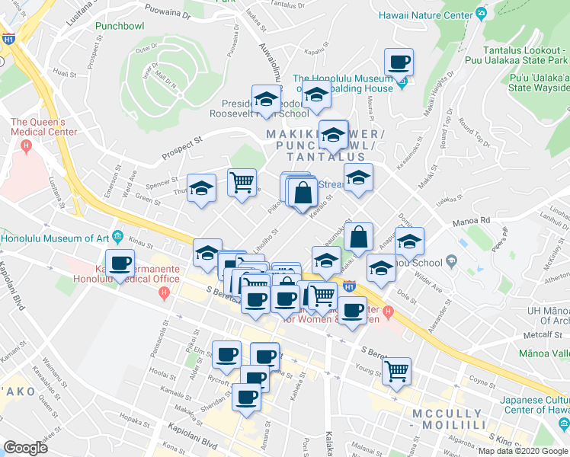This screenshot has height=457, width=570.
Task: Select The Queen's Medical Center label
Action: point(43,126)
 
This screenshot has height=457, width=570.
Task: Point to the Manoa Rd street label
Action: point(474,221)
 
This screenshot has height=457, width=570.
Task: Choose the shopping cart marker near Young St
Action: point(397,371)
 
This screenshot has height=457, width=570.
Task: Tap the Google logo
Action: point(25,447)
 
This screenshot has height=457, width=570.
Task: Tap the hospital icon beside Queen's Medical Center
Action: point(27,145)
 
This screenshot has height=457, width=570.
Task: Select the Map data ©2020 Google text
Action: point(522,451)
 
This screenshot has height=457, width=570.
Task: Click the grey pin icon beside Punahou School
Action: point(452,262)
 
